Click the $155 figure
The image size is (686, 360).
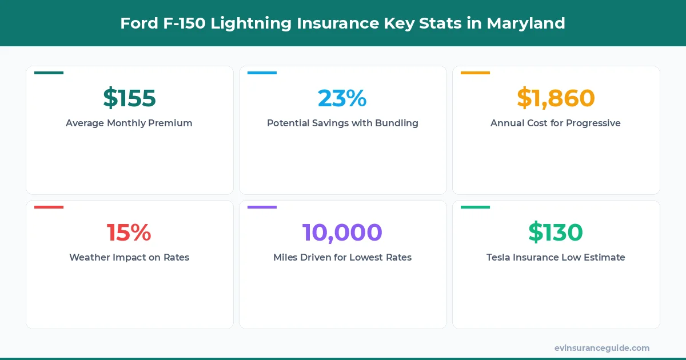[129, 98]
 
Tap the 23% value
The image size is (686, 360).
[342, 98]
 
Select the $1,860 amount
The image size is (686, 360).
[556, 98]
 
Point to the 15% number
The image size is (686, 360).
[129, 233]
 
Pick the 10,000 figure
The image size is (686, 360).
[342, 233]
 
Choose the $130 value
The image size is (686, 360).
[556, 233]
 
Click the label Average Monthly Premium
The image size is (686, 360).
[129, 123]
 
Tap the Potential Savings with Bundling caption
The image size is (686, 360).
[342, 123]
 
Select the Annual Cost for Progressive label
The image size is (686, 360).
[556, 123]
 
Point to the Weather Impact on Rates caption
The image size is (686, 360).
[129, 257]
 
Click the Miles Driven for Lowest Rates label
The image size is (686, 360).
[342, 257]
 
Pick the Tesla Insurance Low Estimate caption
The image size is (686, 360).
[556, 257]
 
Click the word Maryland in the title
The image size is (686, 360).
[526, 23]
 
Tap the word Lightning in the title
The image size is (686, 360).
[248, 23]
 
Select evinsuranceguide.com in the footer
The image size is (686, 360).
[602, 347]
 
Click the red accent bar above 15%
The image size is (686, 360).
[49, 207]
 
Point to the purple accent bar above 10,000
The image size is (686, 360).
[262, 207]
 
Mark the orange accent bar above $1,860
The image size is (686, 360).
[475, 73]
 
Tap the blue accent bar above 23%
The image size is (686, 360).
[262, 73]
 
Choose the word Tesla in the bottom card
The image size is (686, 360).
[500, 257]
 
